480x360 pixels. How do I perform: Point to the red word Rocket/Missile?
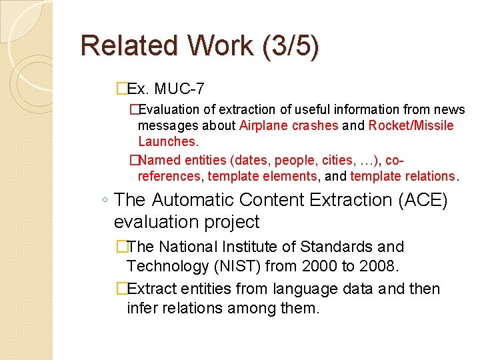click(411, 125)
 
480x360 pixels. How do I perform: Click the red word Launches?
click(168, 141)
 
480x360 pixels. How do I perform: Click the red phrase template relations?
click(403, 176)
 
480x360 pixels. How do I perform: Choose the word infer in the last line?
click(143, 309)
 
